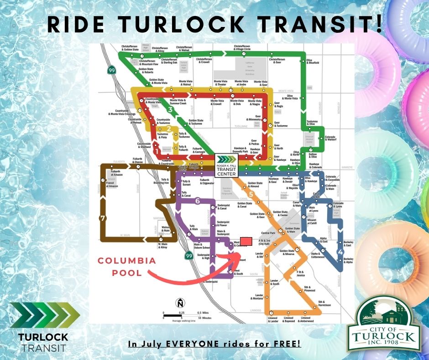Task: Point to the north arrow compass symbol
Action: coord(180,303)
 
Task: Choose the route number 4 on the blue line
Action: coord(340,252)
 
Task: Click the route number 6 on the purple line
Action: coord(197,201)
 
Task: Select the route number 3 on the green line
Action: coord(170,110)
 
